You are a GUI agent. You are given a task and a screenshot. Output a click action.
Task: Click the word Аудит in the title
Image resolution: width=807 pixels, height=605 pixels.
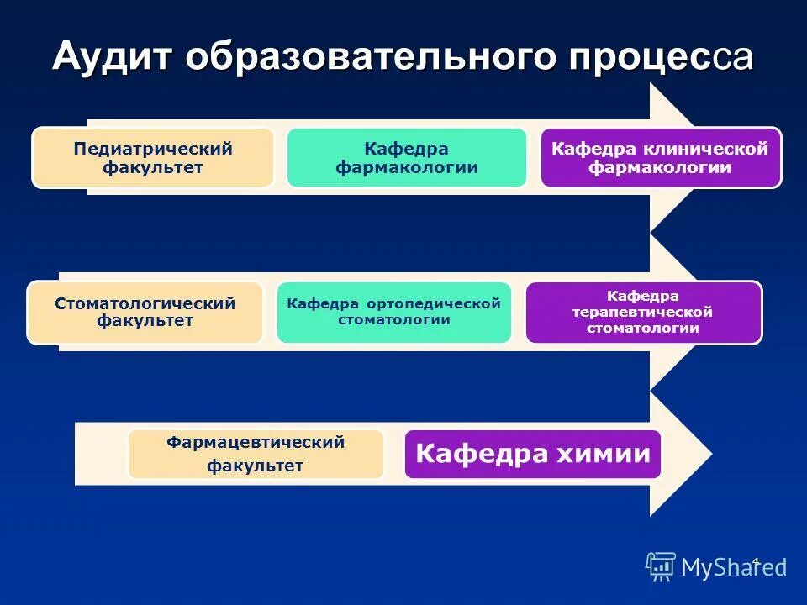[x=112, y=57]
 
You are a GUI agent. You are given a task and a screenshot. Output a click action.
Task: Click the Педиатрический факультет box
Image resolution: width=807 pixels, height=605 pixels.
[x=153, y=158]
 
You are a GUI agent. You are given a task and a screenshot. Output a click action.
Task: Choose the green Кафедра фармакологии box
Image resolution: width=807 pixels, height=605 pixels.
[x=406, y=158]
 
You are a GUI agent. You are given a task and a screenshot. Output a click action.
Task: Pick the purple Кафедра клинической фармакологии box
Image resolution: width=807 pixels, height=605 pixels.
[x=660, y=158]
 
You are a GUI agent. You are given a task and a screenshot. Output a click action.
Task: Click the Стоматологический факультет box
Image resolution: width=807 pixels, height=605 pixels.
[x=145, y=313]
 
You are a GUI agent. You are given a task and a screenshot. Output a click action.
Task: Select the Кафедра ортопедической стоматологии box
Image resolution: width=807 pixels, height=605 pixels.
[x=393, y=312]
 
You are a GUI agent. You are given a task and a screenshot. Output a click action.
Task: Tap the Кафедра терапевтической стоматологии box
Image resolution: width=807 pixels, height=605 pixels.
[x=643, y=312]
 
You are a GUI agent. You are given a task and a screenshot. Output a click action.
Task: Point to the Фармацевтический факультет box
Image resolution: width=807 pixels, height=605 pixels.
[x=256, y=454]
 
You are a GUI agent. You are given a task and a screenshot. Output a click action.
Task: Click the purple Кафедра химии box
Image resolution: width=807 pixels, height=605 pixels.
[x=533, y=455]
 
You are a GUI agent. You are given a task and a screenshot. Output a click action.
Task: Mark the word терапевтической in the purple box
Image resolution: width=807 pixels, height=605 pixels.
[x=643, y=312]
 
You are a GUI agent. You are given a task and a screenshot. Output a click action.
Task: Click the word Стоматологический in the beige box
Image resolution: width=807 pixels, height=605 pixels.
[x=145, y=304]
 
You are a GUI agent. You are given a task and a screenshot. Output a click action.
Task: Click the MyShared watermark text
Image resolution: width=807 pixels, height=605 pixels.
[x=733, y=568]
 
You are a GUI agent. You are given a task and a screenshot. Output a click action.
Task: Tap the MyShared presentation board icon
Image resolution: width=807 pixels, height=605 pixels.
[x=661, y=567]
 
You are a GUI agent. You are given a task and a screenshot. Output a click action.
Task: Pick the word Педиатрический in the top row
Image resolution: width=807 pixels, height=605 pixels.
[x=153, y=150]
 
